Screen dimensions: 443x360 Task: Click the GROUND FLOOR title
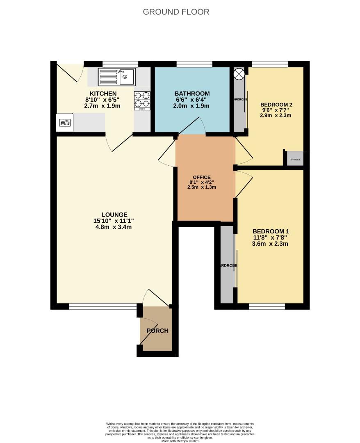coord(176,12)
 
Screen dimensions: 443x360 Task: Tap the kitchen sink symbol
coord(116,77)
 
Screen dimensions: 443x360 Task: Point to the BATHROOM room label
coord(192,94)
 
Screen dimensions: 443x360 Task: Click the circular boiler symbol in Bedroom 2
coord(239,74)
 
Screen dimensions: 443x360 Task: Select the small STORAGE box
coord(295,159)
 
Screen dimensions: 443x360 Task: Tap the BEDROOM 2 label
coord(276,105)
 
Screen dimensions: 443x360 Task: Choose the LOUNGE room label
coord(114,215)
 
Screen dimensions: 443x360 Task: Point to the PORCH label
coord(158,331)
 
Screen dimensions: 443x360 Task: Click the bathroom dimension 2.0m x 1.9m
coord(192,106)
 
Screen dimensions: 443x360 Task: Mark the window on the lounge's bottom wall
coord(103,306)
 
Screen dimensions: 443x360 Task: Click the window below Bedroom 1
coord(267,306)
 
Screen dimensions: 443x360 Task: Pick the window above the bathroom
coord(194,64)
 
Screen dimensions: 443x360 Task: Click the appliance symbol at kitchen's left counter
coord(65,123)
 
